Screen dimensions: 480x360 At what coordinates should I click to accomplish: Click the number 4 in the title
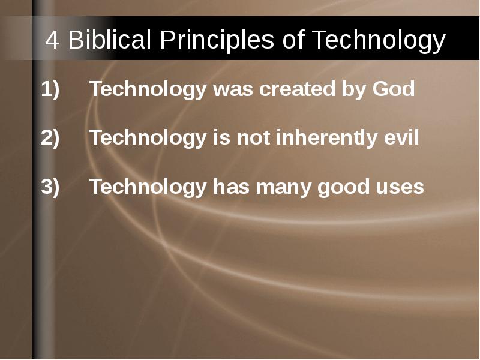coord(52,40)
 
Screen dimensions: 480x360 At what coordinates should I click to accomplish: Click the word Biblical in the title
coord(109,39)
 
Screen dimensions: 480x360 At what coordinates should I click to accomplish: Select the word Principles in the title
coord(217,40)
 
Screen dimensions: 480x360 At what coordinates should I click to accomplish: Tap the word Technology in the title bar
coord(378,40)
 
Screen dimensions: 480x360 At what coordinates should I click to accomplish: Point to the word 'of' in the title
coord(293,39)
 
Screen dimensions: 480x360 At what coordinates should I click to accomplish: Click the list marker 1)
coord(50,89)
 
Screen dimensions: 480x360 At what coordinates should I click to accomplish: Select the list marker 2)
coord(50,138)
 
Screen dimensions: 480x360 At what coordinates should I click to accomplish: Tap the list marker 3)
coord(50,187)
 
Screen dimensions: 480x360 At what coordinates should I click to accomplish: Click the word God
coord(394,89)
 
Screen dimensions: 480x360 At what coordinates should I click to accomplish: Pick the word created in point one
coord(297,89)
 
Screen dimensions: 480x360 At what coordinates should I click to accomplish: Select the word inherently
coord(326,138)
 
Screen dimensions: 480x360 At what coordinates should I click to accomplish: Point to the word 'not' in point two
coord(253,139)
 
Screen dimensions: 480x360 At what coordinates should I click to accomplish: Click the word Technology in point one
coord(148,89)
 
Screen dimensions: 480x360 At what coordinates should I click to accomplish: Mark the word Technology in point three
coord(148,187)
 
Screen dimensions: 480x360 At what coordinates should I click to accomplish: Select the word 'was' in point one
coord(233,89)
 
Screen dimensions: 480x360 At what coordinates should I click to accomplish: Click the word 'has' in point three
coord(232,187)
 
